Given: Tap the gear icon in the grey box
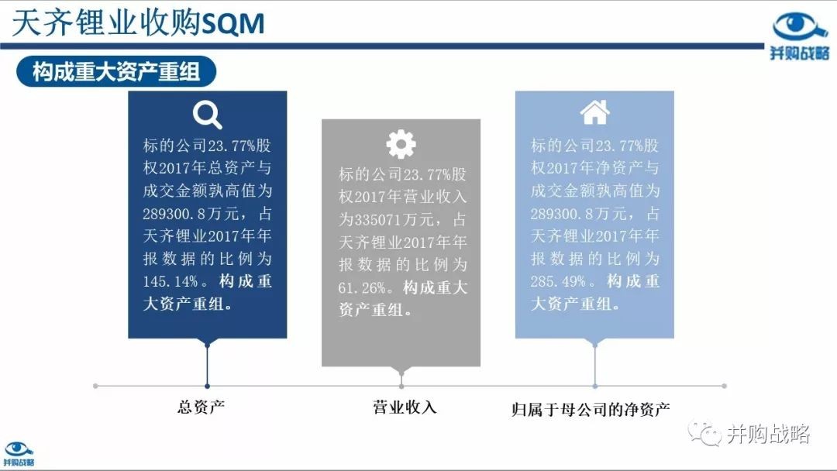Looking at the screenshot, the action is (401, 144).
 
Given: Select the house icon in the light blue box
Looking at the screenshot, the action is (594, 112).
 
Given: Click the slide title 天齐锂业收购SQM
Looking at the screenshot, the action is (138, 23).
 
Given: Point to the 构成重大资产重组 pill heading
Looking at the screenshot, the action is (116, 71).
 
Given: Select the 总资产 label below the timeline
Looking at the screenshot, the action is (201, 407).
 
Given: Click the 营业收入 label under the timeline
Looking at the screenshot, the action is (405, 407).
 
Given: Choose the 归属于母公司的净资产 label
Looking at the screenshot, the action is (591, 410).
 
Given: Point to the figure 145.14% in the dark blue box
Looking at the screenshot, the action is (170, 281).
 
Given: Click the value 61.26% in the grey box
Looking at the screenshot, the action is (361, 288).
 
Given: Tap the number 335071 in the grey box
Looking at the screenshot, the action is (379, 220).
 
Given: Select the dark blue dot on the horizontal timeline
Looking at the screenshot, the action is (207, 386).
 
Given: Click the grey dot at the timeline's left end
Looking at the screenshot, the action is (95, 386).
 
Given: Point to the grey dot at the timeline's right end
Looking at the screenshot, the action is (724, 386).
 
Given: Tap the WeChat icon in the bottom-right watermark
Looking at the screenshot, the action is (704, 434).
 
